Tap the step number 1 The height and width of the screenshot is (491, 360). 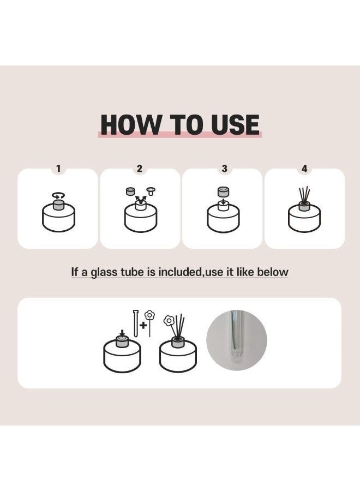(58, 169)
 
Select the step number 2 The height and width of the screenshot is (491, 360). (140, 169)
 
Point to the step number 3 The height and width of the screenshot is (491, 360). (224, 169)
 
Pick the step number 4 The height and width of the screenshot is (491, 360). (304, 169)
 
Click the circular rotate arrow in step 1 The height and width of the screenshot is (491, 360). (58, 195)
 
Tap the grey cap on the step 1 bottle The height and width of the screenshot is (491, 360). (58, 205)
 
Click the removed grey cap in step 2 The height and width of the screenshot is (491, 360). (130, 191)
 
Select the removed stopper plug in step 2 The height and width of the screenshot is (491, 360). (152, 191)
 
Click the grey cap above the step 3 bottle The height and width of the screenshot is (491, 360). (223, 191)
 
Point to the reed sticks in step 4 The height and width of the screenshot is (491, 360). (304, 195)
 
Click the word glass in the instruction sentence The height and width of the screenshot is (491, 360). (102, 272)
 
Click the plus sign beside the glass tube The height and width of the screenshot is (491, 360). (143, 325)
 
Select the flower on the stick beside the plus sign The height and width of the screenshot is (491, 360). (149, 315)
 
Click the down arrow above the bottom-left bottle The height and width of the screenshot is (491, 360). (122, 333)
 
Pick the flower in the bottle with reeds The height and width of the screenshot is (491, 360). (169, 321)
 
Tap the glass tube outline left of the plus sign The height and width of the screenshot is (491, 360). (136, 324)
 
